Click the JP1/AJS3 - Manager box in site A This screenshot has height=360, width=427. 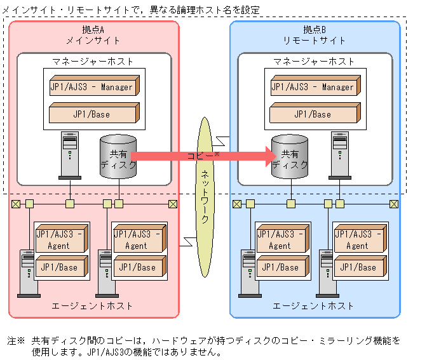pyautogui.click(x=93, y=86)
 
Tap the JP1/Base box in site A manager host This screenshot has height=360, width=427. pyautogui.click(x=93, y=114)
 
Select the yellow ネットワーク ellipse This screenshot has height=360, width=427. pyautogui.click(x=205, y=187)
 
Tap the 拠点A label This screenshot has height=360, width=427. pyautogui.click(x=93, y=30)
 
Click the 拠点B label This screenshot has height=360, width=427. pyautogui.click(x=315, y=30)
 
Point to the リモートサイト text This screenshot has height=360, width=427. pyautogui.click(x=315, y=40)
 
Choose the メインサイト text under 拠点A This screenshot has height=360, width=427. pyautogui.click(x=93, y=40)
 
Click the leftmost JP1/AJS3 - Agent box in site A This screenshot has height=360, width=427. pyautogui.click(x=60, y=240)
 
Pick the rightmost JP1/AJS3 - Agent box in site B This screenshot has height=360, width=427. pyautogui.click(x=358, y=240)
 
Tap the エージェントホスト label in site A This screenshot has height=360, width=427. pyautogui.click(x=93, y=306)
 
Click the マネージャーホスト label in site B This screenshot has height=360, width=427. pyautogui.click(x=315, y=62)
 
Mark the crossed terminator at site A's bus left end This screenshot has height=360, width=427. pyautogui.click(x=15, y=204)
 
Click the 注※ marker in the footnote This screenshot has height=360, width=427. pyautogui.click(x=16, y=341)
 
